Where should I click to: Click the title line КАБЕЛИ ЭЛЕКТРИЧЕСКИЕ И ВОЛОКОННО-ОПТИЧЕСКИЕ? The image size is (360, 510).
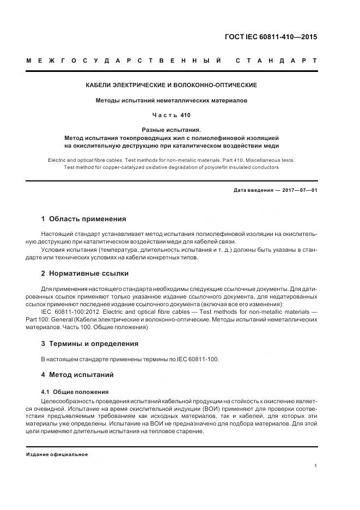(172, 86)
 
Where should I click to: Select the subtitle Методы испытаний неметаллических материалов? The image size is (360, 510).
(172, 101)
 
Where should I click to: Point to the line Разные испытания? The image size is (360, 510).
(172, 130)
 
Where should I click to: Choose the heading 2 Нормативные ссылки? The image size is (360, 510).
(85, 274)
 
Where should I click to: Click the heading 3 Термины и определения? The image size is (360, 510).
(90, 344)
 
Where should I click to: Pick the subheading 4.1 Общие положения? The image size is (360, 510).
(75, 392)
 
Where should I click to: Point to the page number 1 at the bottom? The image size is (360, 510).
(316, 466)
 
